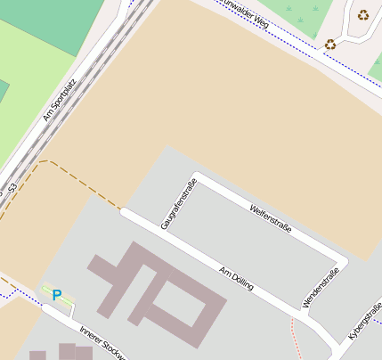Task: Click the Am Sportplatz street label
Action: point(60,98)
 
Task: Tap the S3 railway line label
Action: point(12,190)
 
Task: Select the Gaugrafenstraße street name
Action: point(177,205)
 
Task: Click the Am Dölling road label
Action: point(237,277)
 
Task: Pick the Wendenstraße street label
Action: point(321,287)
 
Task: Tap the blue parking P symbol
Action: point(57,295)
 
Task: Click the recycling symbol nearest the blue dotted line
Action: point(330,45)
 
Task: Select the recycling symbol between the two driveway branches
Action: point(363,14)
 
